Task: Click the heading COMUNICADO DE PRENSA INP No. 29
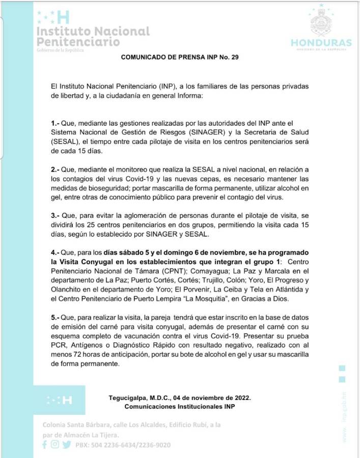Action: [x=180, y=58]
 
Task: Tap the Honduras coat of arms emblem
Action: [x=321, y=20]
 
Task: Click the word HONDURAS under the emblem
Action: [x=321, y=43]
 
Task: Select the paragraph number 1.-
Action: [x=56, y=124]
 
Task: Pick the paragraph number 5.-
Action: [x=56, y=318]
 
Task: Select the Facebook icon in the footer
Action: [x=45, y=444]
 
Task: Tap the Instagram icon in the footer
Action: [x=55, y=444]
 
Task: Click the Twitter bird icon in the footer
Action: [x=66, y=444]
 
